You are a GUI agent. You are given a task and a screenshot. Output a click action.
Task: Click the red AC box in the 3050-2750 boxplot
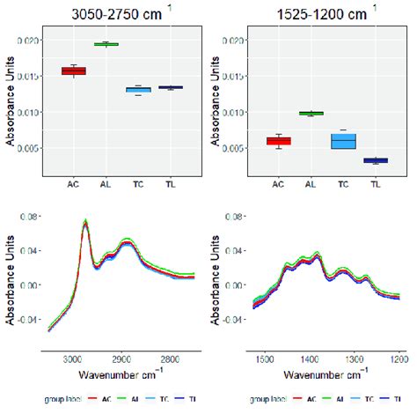coord(74,70)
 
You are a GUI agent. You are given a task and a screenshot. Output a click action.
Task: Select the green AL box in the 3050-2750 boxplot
coord(106,43)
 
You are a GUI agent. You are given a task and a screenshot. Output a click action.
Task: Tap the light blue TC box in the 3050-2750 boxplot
coord(138,89)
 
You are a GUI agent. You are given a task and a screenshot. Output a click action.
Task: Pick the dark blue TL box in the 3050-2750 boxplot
coord(171,87)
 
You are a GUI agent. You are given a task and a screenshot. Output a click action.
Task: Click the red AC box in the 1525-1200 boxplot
coord(279,141)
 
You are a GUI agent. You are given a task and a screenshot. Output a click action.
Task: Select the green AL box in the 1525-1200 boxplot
coord(311,113)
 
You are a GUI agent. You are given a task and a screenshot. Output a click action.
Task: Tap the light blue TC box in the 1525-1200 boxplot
coord(344,141)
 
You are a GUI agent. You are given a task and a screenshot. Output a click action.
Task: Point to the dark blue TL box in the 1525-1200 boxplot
coord(376,160)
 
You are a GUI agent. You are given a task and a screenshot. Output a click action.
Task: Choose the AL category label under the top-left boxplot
coord(106,184)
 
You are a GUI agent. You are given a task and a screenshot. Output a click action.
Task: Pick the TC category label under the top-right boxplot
coord(344,184)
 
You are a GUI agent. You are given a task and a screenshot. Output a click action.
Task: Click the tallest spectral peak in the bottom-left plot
coord(85,222)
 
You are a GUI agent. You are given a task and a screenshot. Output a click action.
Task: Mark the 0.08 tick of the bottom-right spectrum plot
coord(234,215)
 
